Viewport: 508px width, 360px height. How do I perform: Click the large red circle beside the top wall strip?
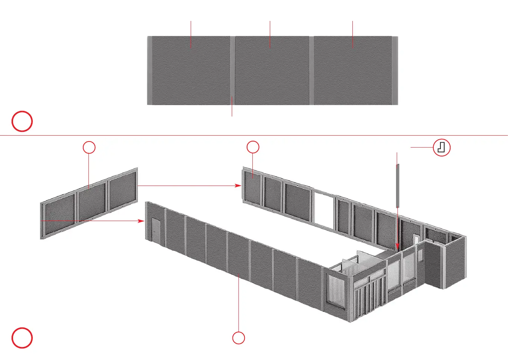coord(22,121)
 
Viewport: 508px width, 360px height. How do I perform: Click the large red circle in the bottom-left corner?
coord(22,338)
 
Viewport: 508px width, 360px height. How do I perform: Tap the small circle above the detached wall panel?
coord(89,148)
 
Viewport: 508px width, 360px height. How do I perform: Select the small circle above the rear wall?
coord(253,147)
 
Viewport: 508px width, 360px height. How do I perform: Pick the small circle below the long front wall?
coord(239,338)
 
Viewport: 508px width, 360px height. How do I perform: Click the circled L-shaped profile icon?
coord(442,148)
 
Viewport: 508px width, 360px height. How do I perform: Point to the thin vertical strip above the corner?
coord(398,186)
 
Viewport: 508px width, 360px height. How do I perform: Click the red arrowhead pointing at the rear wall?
coord(239,185)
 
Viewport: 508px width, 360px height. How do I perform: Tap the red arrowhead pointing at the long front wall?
coord(141,221)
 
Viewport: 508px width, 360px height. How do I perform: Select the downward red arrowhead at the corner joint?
coord(398,247)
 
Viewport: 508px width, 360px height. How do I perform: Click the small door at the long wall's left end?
coord(156,231)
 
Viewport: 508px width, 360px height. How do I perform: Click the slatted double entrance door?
coord(369,297)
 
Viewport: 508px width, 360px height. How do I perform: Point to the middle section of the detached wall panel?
coord(92,202)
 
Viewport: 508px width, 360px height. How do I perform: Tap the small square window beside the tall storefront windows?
coord(420,255)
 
